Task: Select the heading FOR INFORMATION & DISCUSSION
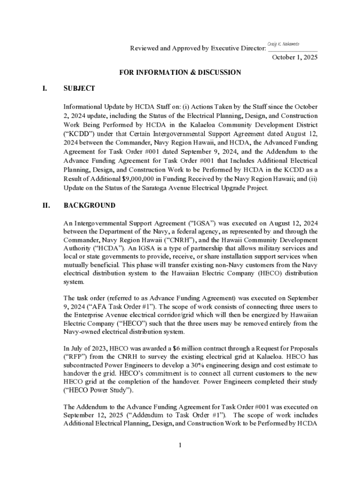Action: pos(180,73)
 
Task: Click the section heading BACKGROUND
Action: pos(89,206)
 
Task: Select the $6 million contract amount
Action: pos(181,348)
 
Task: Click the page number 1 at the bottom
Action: pos(180,445)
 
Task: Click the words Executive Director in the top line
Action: pos(239,48)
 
